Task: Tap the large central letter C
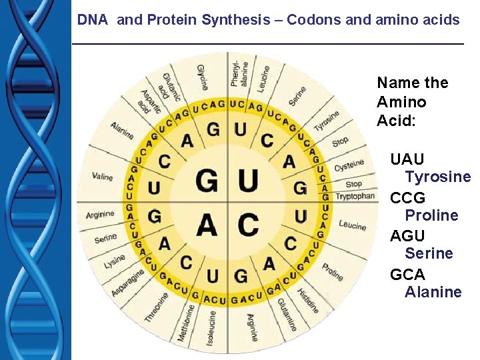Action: (x=248, y=224)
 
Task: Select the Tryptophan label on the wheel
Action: (x=355, y=197)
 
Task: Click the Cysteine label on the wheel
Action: (x=349, y=164)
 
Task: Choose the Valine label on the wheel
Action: (x=103, y=177)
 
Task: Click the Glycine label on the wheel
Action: (x=203, y=77)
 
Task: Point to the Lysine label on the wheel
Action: (x=114, y=261)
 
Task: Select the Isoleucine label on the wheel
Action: (x=211, y=327)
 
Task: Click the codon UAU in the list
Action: (x=407, y=159)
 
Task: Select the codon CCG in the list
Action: (x=407, y=198)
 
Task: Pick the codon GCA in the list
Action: (x=407, y=274)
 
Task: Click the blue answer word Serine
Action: (x=429, y=253)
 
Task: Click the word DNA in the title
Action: (x=93, y=20)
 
